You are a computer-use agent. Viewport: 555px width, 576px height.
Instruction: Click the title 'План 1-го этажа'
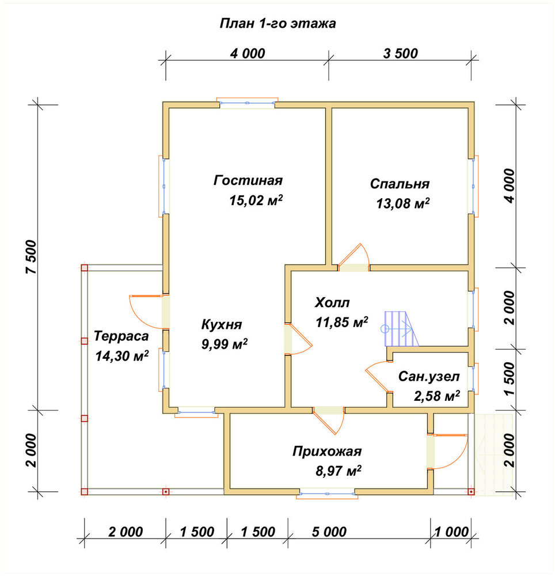pos(277,24)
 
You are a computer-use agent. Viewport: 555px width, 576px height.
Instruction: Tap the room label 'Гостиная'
pos(248,180)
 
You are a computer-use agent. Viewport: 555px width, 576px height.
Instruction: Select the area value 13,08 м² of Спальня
pos(402,203)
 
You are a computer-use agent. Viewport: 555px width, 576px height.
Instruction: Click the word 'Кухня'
pos(222,325)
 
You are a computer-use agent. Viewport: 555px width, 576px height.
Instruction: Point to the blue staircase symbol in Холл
pos(401,328)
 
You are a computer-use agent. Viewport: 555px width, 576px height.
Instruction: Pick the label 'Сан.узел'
pos(429,377)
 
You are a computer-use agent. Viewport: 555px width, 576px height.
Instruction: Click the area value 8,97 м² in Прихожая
pos(339,471)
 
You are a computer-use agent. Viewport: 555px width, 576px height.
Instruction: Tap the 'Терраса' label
pos(121,336)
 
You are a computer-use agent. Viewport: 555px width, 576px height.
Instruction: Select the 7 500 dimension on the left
pos(32,257)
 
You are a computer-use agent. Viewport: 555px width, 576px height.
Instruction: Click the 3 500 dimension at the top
pos(401,54)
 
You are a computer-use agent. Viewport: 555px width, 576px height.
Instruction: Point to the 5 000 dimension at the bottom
pos(329,532)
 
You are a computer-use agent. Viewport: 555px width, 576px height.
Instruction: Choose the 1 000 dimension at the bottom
pos(452,532)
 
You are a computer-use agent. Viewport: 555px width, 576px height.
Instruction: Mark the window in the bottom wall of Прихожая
pos(328,493)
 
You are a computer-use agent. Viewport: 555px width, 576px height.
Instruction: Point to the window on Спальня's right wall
pos(473,186)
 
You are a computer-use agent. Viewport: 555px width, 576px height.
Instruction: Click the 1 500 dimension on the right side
pos(510,379)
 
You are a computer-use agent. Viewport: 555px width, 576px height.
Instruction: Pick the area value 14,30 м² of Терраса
pos(122,356)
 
